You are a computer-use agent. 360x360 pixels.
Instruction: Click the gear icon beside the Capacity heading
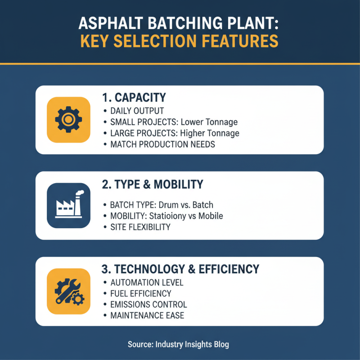(x=66, y=119)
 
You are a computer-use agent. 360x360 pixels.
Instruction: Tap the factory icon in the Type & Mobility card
(x=66, y=205)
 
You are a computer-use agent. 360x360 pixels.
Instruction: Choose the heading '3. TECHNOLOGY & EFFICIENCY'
(x=181, y=269)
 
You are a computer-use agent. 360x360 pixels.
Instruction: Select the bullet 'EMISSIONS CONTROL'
(x=148, y=305)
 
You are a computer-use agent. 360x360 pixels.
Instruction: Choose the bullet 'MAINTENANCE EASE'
(x=147, y=315)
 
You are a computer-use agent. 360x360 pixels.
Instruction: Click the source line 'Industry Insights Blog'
(x=192, y=345)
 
